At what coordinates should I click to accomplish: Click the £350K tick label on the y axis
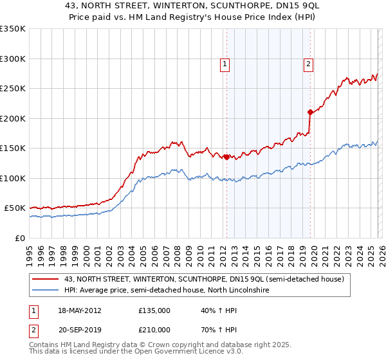[x=13, y=29]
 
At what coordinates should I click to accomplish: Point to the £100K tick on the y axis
[x=13, y=178]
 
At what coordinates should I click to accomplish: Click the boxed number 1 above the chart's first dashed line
[x=225, y=64]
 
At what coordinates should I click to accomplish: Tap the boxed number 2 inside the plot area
[x=309, y=64]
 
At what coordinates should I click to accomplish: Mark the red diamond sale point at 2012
[x=226, y=157]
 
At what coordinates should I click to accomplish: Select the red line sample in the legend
[x=46, y=279]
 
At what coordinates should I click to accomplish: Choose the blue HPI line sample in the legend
[x=46, y=291]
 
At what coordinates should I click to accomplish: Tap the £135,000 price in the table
[x=154, y=310]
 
